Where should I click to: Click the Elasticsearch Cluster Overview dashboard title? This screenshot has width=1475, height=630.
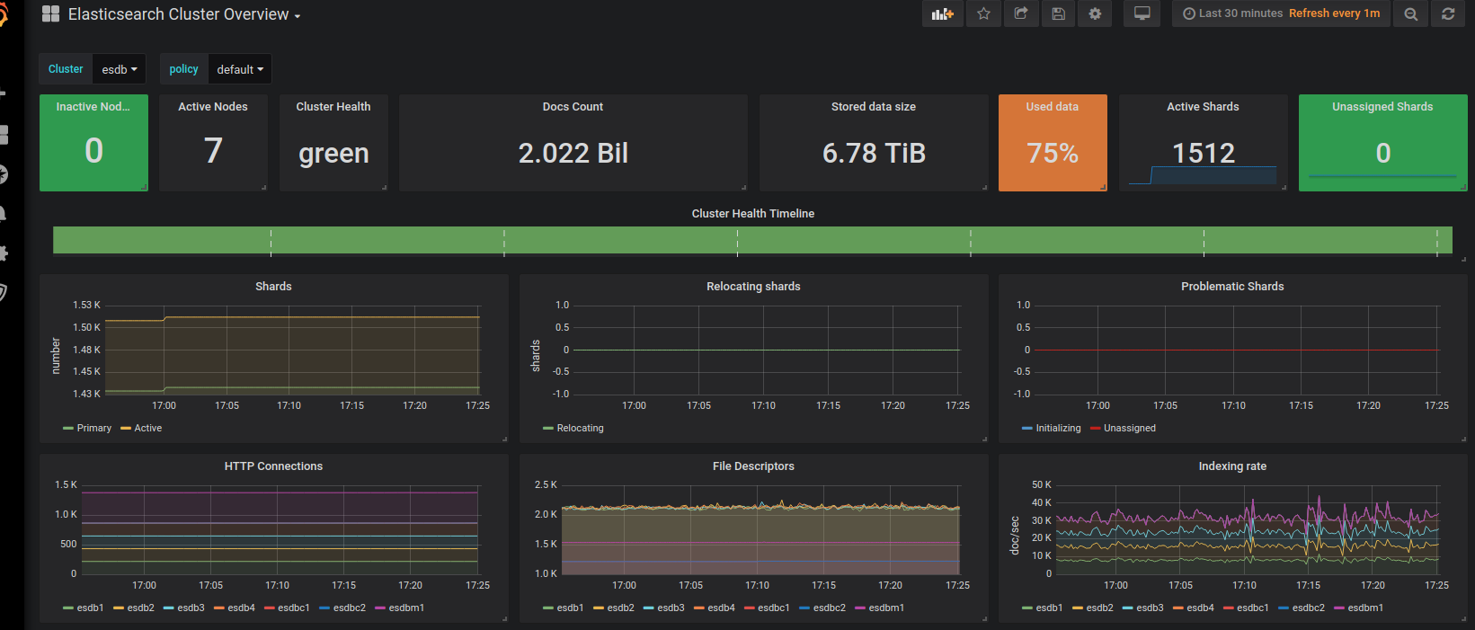tap(178, 14)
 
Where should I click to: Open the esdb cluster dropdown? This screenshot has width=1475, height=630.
tap(119, 69)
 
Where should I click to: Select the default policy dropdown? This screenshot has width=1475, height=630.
tap(239, 69)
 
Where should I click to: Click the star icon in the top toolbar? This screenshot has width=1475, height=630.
tap(983, 13)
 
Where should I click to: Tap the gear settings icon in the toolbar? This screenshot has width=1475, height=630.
tap(1095, 13)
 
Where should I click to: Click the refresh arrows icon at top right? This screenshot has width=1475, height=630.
tap(1447, 13)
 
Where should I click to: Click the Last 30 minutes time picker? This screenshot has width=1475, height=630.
tap(1233, 13)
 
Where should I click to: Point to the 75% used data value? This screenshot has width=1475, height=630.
tap(1052, 154)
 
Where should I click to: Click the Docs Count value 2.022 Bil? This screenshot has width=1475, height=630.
tap(573, 154)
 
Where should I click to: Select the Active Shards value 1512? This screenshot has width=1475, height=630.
tap(1203, 154)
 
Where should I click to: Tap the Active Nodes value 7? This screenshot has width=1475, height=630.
tap(213, 151)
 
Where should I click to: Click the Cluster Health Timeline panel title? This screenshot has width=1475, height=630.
tap(752, 214)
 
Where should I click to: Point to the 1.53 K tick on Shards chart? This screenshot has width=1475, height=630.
tap(86, 306)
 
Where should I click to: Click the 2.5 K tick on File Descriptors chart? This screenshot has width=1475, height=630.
tap(546, 485)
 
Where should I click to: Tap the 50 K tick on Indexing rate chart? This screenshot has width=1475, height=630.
tap(1042, 485)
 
